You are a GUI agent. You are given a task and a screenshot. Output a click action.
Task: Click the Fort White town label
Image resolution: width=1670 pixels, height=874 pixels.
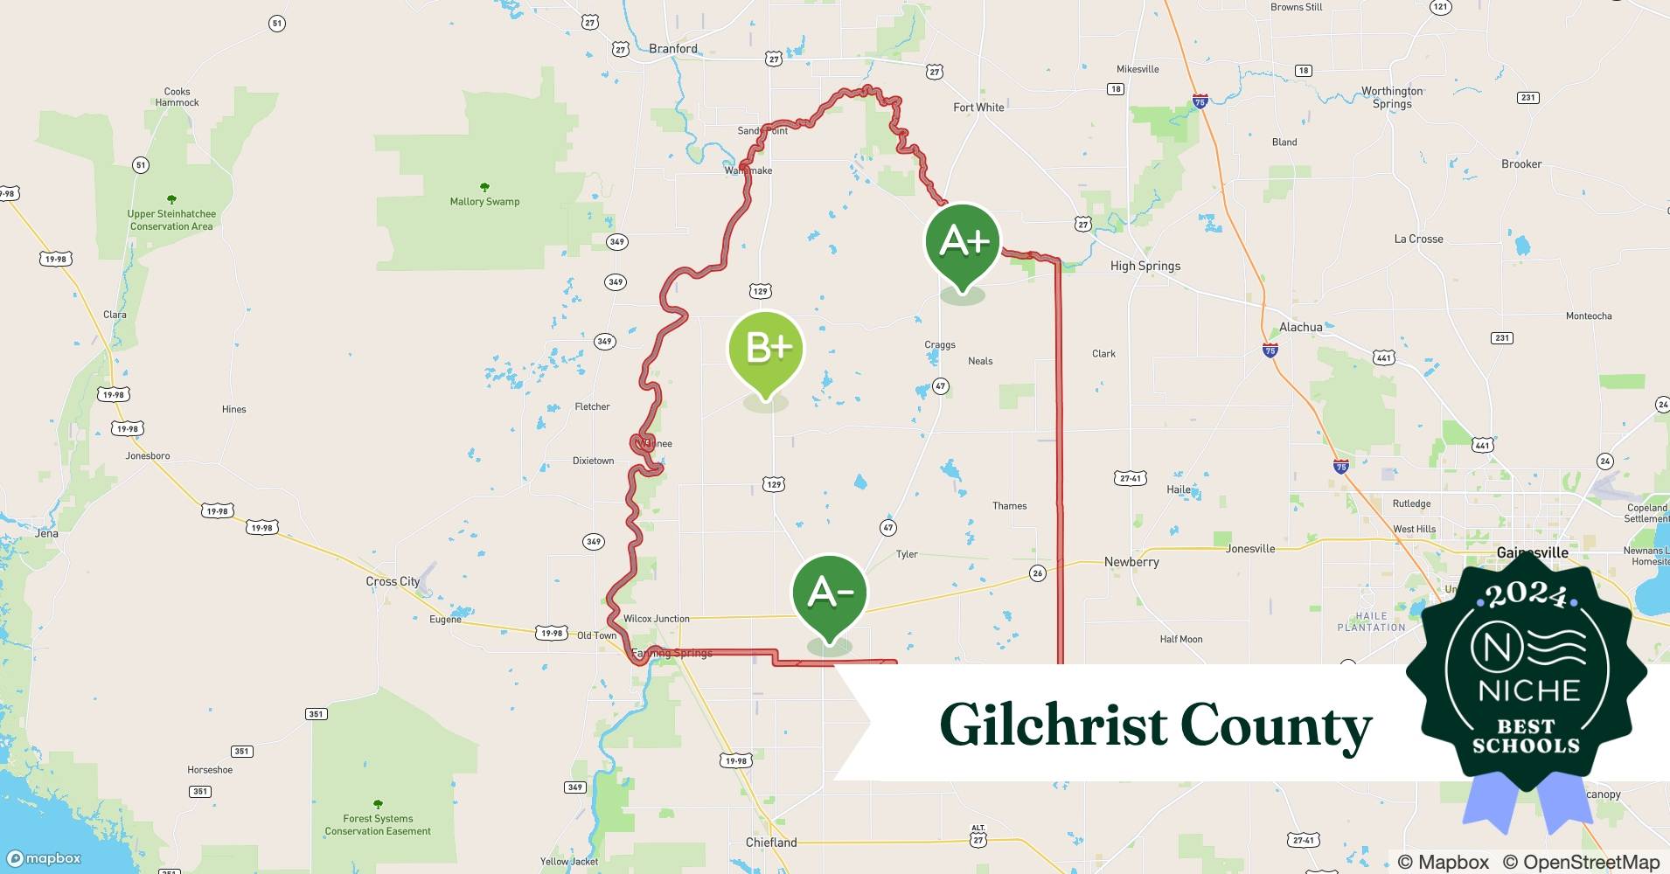click(978, 108)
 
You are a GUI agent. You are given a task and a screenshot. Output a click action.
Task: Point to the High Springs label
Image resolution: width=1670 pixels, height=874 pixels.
click(1145, 266)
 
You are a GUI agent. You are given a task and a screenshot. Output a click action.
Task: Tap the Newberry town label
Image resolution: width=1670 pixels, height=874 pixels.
click(1131, 562)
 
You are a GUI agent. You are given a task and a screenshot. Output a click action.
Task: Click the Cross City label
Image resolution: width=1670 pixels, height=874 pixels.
click(393, 581)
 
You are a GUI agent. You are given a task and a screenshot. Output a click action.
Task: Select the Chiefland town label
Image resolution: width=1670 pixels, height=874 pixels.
click(771, 843)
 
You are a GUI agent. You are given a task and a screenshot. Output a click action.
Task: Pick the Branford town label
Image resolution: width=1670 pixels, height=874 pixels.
click(673, 49)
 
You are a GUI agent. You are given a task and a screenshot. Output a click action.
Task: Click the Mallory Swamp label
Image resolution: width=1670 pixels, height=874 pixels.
click(484, 202)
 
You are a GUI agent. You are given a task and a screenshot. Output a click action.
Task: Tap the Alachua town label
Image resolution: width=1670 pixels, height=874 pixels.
click(1300, 327)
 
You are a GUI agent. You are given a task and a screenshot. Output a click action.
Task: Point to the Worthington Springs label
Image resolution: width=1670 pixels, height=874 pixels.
click(1391, 97)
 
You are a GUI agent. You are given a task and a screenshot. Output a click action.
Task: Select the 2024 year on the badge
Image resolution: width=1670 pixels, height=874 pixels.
click(1526, 594)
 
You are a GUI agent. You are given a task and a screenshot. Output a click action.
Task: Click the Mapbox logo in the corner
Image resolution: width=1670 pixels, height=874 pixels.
click(44, 858)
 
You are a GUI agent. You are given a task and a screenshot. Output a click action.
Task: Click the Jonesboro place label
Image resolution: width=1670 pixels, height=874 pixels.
click(148, 455)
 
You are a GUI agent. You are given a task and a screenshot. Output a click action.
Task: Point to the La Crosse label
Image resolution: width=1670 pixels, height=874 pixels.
click(1418, 239)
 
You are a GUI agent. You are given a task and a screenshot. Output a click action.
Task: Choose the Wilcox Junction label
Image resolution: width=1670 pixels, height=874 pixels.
click(656, 619)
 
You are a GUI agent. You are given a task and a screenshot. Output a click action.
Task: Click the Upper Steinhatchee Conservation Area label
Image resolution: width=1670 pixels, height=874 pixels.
click(171, 219)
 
